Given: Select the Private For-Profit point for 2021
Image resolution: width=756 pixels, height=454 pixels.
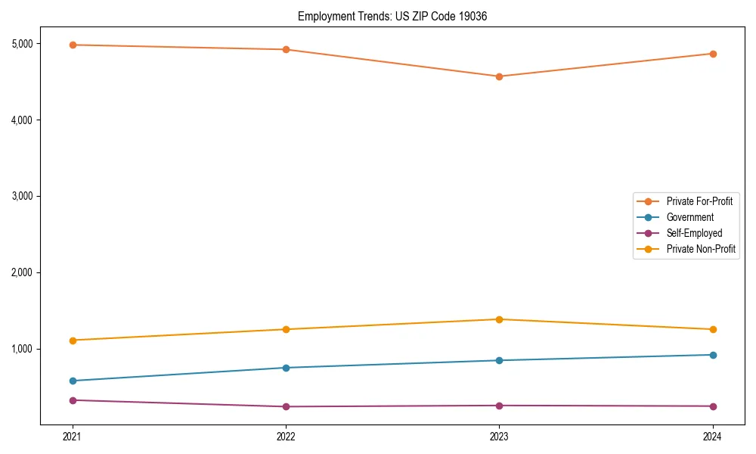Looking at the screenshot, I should coord(73,45).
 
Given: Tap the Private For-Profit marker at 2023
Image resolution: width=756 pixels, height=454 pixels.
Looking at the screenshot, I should coord(499,76).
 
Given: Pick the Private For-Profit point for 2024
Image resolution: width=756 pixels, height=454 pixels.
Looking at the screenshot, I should coord(712,54).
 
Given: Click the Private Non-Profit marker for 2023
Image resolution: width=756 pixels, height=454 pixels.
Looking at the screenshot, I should coord(499,319).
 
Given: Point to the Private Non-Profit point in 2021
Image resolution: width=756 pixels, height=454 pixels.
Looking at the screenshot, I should coord(73,340).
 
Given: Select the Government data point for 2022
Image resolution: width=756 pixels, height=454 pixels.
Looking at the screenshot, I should coord(286,368).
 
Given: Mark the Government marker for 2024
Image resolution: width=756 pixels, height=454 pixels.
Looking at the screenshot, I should coord(712,355).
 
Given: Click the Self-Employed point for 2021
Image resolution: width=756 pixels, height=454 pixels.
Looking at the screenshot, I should coord(73,400).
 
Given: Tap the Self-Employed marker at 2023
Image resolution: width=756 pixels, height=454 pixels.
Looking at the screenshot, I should coord(499,406).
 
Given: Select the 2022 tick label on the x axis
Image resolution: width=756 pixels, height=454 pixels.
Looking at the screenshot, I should coord(286,436).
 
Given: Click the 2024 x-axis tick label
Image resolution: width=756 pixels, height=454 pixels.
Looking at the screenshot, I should coord(712,436).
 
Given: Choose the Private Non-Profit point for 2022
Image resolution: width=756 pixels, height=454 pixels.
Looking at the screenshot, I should coord(286,329).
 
